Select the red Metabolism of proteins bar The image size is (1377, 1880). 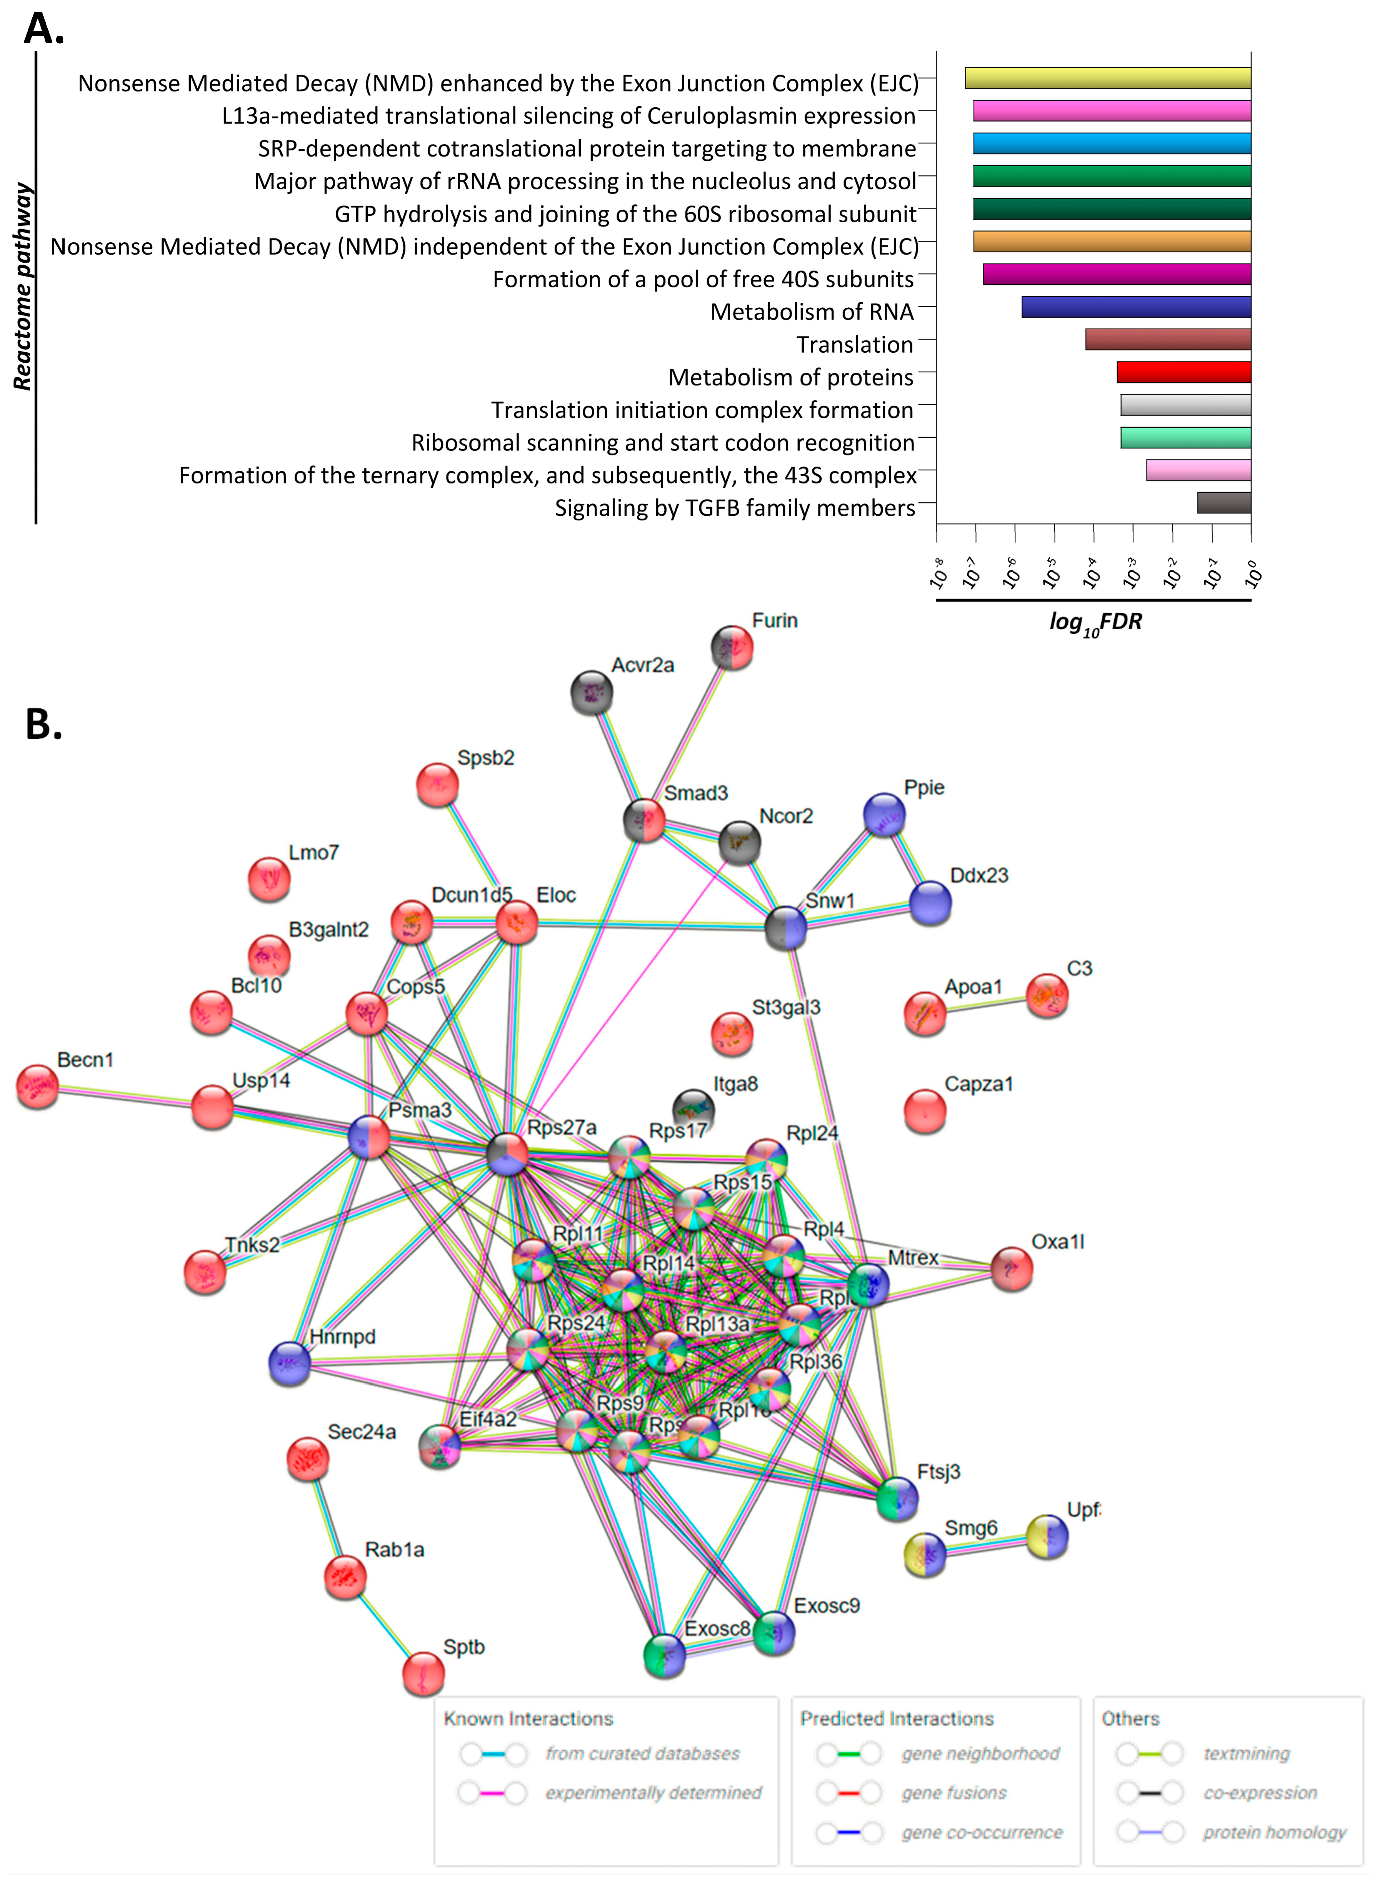click(x=1184, y=372)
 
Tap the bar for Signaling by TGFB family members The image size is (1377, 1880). click(x=1224, y=502)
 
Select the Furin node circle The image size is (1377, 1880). click(x=732, y=648)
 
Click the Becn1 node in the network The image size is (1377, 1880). click(x=38, y=1087)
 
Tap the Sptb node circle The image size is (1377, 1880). click(x=423, y=1673)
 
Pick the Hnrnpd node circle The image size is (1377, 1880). click(x=289, y=1363)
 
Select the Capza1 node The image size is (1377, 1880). click(x=924, y=1111)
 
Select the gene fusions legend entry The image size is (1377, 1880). click(x=954, y=1792)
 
